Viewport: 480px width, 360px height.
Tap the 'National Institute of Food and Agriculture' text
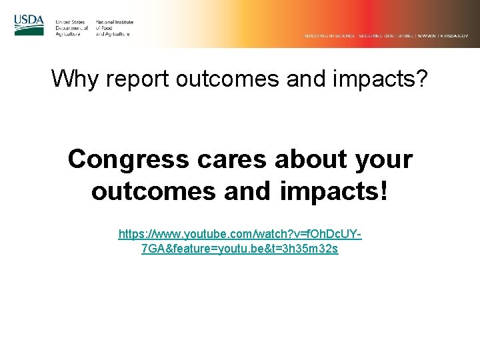(x=114, y=28)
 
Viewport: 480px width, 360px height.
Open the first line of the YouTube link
(x=240, y=235)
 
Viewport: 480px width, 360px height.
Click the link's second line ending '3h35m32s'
(x=240, y=249)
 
